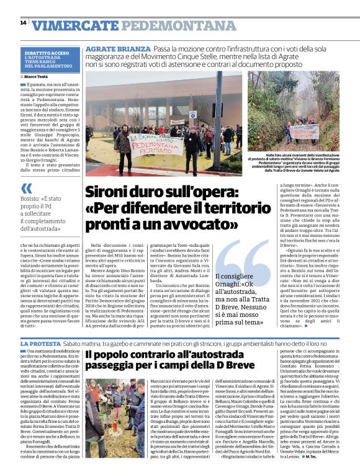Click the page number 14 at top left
click(23, 23)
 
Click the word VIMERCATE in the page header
click(75, 25)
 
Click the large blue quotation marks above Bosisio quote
click(26, 188)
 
